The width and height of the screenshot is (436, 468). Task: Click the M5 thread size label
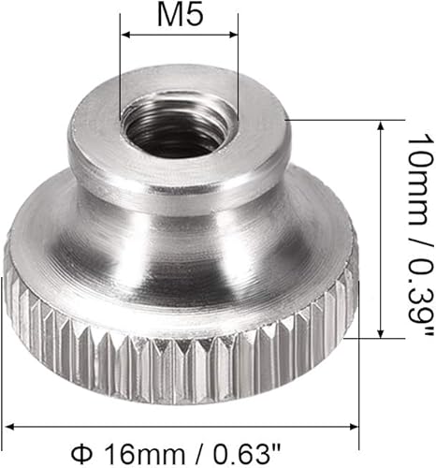point(181,15)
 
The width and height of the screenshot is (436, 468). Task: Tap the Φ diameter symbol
point(81,454)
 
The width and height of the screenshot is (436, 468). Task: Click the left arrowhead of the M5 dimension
point(125,35)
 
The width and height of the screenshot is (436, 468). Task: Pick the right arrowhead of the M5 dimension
point(233,35)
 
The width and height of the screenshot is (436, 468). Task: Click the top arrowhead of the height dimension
point(381,125)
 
